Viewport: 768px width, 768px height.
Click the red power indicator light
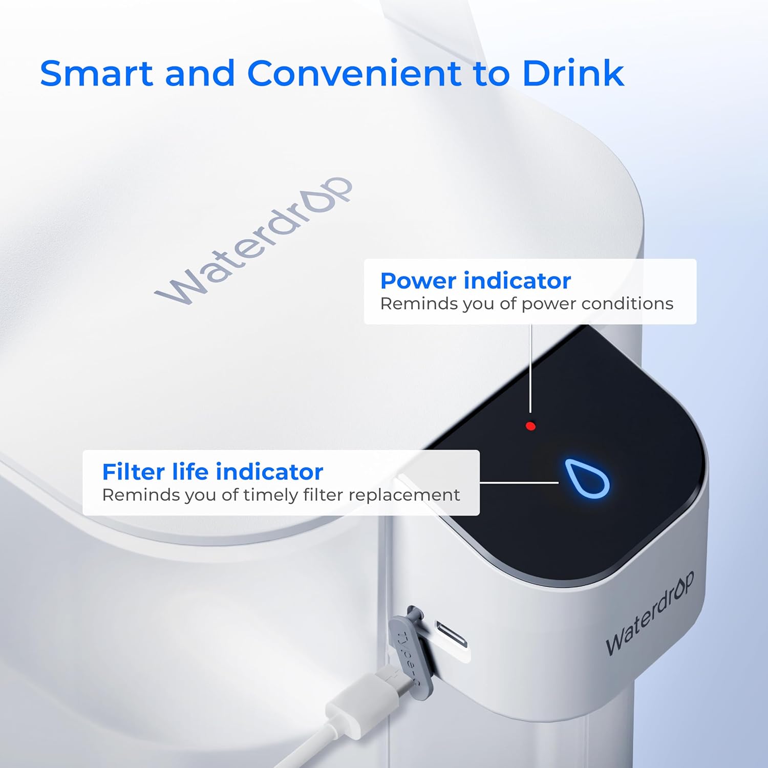pos(530,425)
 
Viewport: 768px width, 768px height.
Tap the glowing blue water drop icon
pos(587,478)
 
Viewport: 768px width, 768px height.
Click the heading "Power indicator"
pos(475,281)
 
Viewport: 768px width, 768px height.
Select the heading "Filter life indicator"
pos(212,472)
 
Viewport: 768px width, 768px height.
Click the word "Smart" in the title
pos(96,73)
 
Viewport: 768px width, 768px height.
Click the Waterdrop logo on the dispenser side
pos(650,613)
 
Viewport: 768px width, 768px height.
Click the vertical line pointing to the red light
pos(531,369)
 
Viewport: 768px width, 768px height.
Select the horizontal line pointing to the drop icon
pos(519,482)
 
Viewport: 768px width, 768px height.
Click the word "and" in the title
pos(200,73)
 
